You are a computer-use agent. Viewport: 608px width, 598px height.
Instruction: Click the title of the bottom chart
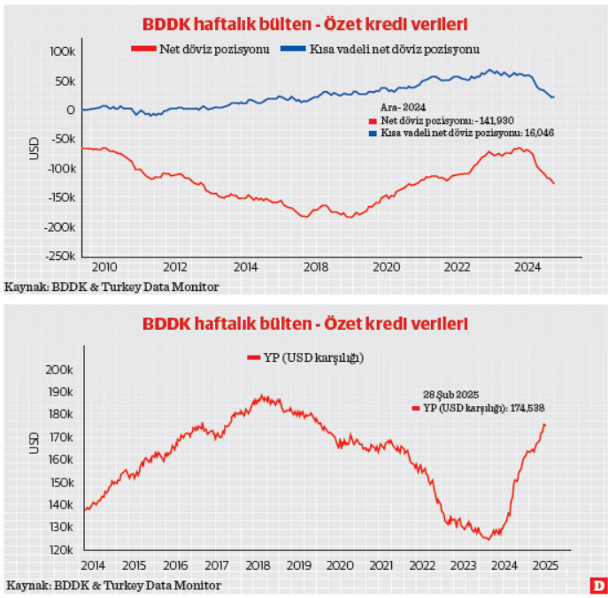[x=305, y=325]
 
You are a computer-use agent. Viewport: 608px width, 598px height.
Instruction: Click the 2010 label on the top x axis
[x=104, y=267]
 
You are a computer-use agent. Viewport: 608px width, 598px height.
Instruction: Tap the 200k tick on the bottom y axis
[x=58, y=369]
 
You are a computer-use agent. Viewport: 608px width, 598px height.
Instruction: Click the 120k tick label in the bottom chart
[x=58, y=550]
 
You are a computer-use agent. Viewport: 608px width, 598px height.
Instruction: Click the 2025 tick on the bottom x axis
[x=546, y=565]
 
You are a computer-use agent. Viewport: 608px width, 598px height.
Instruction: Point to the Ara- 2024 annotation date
[x=389, y=107]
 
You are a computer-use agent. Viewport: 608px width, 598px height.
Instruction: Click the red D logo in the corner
[x=598, y=586]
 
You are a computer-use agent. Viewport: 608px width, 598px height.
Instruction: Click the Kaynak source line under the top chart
[x=112, y=287]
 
